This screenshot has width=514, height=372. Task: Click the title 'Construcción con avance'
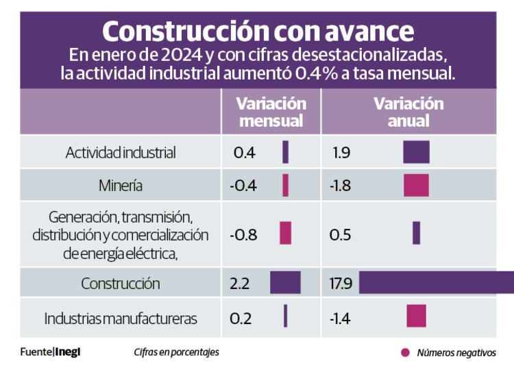(258, 32)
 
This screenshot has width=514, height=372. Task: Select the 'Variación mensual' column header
(271, 112)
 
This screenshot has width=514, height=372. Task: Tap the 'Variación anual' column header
(408, 112)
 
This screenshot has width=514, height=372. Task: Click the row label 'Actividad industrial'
(121, 152)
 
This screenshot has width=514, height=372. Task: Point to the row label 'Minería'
(121, 185)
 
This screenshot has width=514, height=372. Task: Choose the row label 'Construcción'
(121, 283)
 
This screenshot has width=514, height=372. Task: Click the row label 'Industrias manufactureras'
(121, 319)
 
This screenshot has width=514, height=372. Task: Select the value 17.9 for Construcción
(341, 283)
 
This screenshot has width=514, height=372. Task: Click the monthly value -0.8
(243, 234)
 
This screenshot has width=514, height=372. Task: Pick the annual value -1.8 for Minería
(341, 185)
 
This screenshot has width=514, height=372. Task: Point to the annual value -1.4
(341, 319)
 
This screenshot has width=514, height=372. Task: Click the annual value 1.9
(341, 152)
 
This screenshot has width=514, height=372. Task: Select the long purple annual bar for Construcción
(437, 282)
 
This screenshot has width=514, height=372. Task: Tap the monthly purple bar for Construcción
(285, 282)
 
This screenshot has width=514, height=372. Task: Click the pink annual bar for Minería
(416, 185)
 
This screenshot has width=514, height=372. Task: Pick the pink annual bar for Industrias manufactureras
(416, 316)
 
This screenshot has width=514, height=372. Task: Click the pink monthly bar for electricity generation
(285, 233)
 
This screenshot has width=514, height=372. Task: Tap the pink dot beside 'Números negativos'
(405, 352)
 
